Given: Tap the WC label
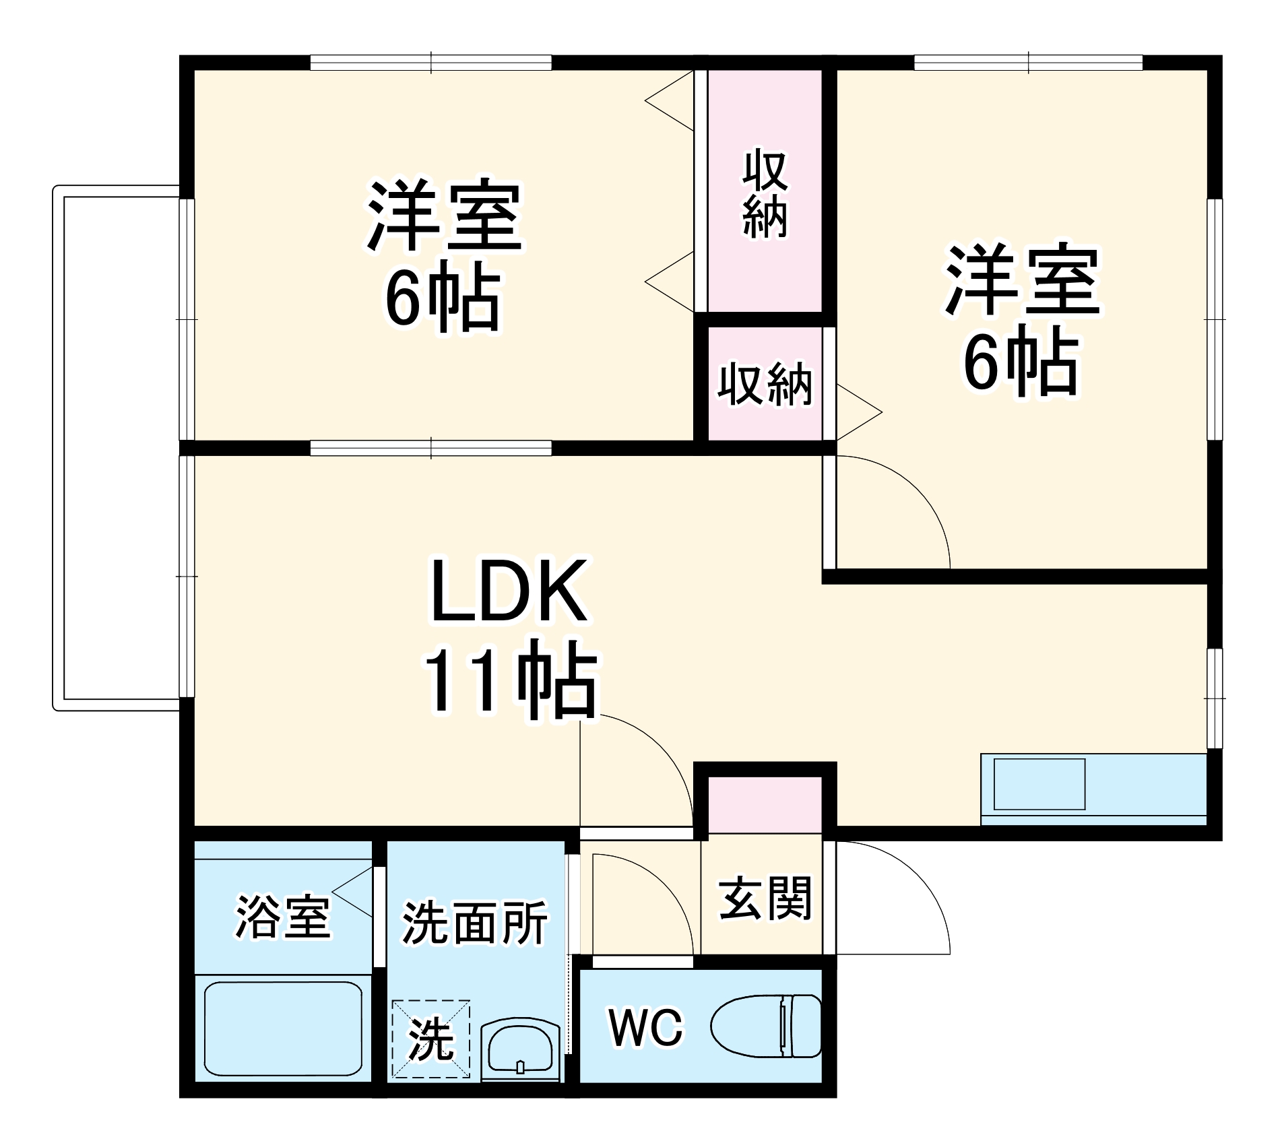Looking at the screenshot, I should coord(645,1028).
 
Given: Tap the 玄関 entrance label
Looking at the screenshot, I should coord(765,899).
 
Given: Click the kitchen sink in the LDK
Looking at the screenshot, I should coord(1039,784).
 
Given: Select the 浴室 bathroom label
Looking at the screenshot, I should coord(283,917).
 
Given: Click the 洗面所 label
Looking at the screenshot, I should coord(475,923).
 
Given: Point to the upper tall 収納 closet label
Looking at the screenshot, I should coord(765,195).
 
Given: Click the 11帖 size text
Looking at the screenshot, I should coord(510,682).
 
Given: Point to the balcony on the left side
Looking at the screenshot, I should coord(118,448).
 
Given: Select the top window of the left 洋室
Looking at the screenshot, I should coord(431,63).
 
